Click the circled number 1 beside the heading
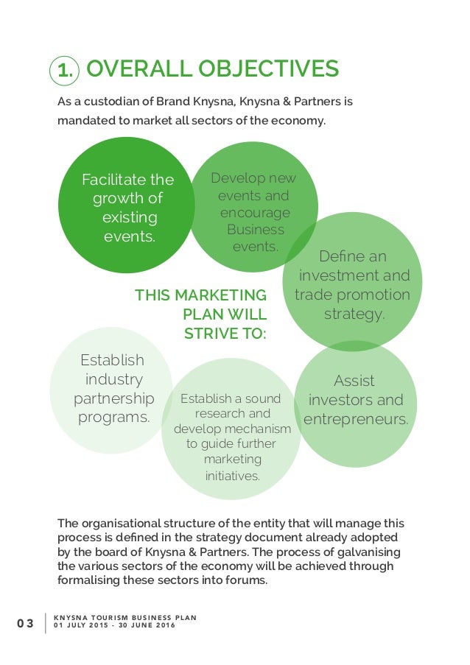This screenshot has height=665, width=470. pos(64,71)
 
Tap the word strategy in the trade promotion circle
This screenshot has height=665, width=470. pos(354,314)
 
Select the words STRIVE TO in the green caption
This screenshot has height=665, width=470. pos(225,334)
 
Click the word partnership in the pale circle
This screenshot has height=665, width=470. pos(114,398)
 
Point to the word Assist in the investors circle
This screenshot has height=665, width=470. pos(354,381)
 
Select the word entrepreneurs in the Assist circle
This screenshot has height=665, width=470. pos(356,419)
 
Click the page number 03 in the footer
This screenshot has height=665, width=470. pos(26,624)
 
